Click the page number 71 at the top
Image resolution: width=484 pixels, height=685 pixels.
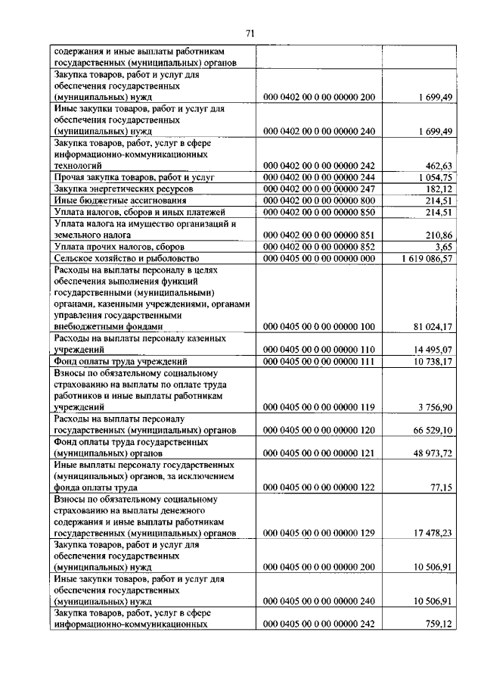[250, 33]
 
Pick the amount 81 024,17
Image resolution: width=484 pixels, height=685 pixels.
[432, 327]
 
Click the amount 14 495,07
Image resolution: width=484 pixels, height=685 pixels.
[432, 350]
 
